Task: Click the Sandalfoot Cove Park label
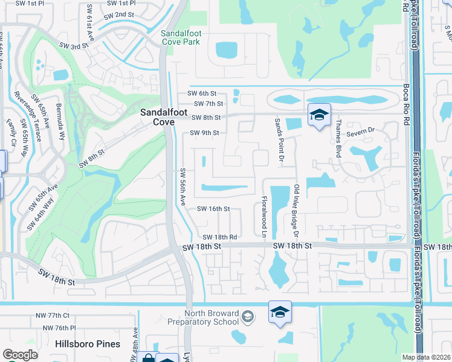pyautogui.click(x=189, y=37)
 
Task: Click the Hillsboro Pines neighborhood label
pyautogui.click(x=88, y=344)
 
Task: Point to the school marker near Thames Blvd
pyautogui.click(x=318, y=115)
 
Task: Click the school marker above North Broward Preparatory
pyautogui.click(x=280, y=312)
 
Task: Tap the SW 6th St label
pyautogui.click(x=202, y=94)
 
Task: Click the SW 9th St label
pyautogui.click(x=204, y=133)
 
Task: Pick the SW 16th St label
pyautogui.click(x=214, y=209)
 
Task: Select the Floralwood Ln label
pyautogui.click(x=264, y=215)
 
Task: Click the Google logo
pyautogui.click(x=20, y=355)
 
